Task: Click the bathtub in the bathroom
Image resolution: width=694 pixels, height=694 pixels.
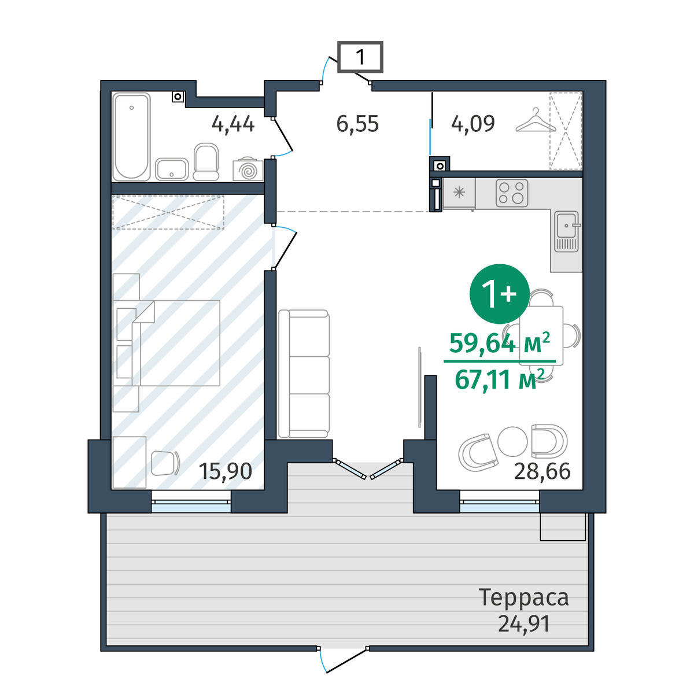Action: [131, 137]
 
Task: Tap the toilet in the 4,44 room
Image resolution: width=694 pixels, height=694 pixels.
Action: [206, 162]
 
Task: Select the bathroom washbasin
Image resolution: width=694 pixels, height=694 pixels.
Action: [172, 169]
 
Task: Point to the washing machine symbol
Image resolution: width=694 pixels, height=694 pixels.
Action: [248, 169]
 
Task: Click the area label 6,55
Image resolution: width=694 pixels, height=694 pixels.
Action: [357, 124]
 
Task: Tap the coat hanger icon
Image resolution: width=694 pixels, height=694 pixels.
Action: [536, 121]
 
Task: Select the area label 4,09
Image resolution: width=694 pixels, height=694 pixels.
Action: [473, 124]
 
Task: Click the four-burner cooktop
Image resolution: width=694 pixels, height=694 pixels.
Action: [512, 193]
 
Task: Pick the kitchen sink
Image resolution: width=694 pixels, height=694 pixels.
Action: [567, 231]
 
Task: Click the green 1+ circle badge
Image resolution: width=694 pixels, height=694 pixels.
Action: [500, 294]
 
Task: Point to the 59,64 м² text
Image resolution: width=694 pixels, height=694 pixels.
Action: [500, 343]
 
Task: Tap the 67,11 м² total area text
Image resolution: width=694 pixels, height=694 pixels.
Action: [500, 379]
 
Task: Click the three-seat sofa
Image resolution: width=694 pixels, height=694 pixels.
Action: [304, 374]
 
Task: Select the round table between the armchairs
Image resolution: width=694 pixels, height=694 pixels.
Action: [512, 441]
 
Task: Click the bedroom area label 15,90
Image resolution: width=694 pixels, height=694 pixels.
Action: [225, 471]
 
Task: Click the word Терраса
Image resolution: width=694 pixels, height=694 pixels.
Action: [523, 597]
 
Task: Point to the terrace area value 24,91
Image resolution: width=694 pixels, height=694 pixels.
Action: [524, 624]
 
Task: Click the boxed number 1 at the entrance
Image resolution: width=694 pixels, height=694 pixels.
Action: [360, 57]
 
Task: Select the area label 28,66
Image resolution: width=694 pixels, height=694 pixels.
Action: [542, 471]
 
